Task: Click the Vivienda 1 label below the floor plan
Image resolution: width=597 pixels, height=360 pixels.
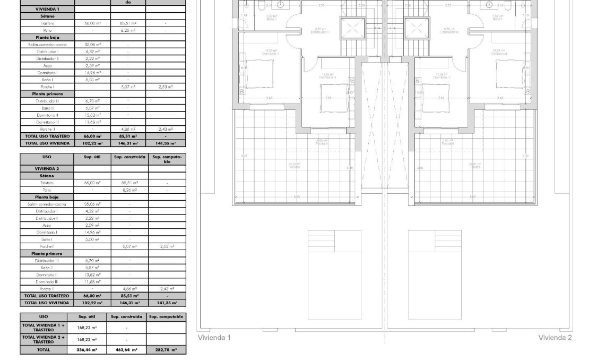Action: coord(214,338)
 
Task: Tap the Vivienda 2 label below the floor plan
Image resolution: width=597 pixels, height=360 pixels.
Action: coord(555,338)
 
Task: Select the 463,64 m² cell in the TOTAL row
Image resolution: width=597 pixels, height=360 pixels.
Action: coord(127,350)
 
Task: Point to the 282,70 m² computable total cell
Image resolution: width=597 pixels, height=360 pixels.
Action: coord(166,350)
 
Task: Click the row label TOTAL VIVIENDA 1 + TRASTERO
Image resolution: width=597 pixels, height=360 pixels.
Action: coord(44,328)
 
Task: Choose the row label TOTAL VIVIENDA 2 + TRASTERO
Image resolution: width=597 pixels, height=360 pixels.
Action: coord(44,339)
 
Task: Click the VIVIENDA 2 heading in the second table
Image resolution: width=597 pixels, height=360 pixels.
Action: coord(47,168)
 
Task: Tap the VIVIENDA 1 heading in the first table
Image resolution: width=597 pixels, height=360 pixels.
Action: coord(47,10)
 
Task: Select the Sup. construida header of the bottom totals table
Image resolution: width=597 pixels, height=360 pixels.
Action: coord(127,316)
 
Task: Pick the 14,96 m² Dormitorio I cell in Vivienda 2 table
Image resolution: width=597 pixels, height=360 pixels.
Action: coord(92,233)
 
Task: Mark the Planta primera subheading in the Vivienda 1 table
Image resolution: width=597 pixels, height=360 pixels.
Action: coord(47,93)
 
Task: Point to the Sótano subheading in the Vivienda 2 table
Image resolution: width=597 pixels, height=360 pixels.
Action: coord(47,175)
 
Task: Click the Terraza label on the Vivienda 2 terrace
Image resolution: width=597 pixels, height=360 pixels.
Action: coord(475,167)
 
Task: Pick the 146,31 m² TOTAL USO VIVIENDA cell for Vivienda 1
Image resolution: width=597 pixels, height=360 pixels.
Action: coord(128,143)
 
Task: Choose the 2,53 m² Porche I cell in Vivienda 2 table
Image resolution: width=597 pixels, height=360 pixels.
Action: coord(166,246)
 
